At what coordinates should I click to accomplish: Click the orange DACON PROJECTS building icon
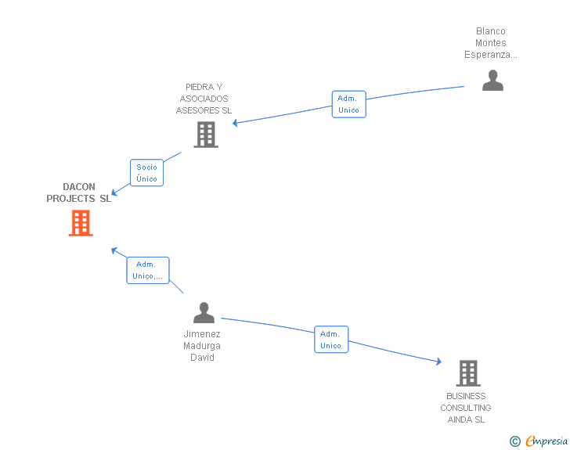tap(81, 223)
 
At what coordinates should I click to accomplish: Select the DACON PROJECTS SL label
tap(79, 193)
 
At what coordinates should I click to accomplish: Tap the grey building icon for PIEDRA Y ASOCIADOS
tap(206, 135)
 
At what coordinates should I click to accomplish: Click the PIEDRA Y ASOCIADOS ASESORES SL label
tap(204, 99)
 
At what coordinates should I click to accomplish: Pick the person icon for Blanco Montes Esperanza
tap(492, 81)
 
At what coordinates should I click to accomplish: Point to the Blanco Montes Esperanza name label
tap(491, 43)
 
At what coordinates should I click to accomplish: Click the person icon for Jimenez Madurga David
tap(204, 313)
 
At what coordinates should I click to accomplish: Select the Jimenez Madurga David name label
tap(202, 346)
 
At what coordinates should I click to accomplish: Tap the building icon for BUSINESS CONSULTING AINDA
tap(467, 373)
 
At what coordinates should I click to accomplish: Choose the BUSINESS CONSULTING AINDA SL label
tap(466, 408)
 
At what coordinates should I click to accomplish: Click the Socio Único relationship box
tap(146, 173)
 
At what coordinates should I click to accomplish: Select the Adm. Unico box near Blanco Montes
tap(348, 104)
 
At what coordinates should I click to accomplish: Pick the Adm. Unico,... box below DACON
tap(148, 270)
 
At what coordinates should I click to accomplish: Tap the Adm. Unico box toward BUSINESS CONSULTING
tap(331, 340)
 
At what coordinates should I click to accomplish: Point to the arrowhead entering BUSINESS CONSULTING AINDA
tap(438, 361)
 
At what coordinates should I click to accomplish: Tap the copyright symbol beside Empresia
tap(515, 442)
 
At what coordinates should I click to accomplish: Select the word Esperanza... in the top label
tap(491, 55)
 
